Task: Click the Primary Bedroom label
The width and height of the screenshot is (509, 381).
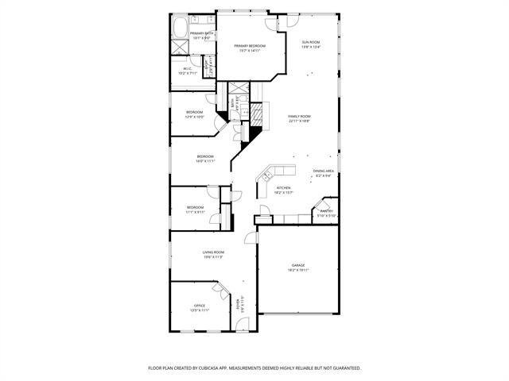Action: [x=250, y=46]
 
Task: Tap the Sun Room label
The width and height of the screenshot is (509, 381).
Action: [x=310, y=41]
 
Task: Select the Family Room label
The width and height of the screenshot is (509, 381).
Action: [x=299, y=116]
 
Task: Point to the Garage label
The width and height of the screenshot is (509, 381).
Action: [x=298, y=265]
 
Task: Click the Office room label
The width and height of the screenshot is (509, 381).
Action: [x=200, y=306]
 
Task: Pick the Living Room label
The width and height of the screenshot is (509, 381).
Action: [x=212, y=252]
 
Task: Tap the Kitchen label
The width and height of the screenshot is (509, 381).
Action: [x=284, y=188]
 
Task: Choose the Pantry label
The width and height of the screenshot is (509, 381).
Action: [x=327, y=211]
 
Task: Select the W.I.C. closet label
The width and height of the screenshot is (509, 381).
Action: [x=188, y=68]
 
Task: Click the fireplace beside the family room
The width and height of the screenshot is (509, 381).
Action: [x=258, y=111]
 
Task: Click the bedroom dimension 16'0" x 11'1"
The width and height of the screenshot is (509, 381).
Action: [x=206, y=161]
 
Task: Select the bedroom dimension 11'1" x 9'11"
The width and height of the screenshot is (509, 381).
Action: [x=196, y=212]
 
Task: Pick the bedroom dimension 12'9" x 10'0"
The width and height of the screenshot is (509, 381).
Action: [x=195, y=117]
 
